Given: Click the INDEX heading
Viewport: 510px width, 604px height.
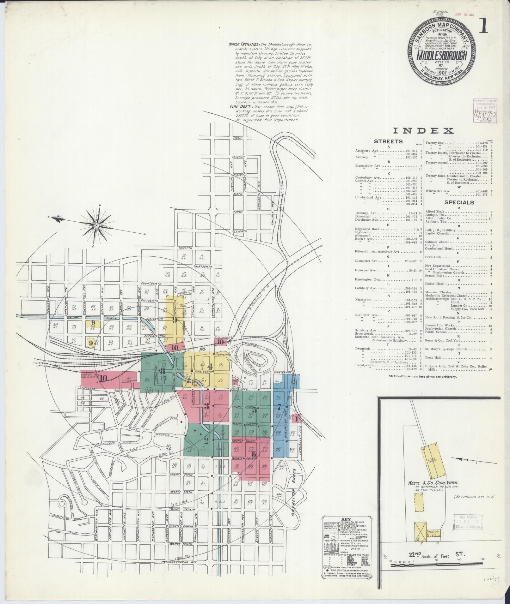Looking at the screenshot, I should pyautogui.click(x=424, y=131).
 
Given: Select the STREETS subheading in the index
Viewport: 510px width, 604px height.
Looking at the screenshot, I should pyautogui.click(x=388, y=141).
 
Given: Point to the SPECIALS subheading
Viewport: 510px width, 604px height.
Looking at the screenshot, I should pyautogui.click(x=459, y=202).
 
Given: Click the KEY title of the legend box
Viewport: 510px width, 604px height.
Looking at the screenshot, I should pyautogui.click(x=347, y=518).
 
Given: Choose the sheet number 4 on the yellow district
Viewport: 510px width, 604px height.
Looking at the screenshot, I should pyautogui.click(x=210, y=367).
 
